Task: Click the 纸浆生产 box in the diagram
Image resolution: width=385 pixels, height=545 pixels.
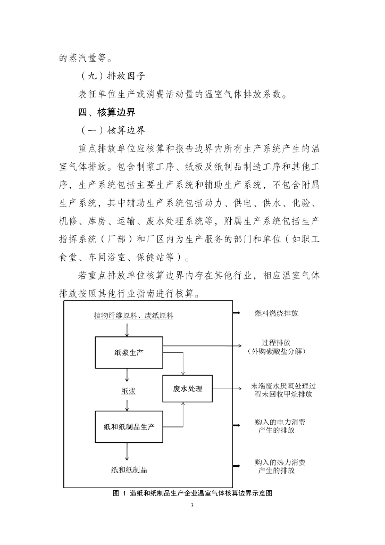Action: point(129,352)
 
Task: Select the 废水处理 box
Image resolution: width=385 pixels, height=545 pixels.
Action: point(187,389)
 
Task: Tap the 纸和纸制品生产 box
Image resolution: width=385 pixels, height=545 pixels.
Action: point(129,426)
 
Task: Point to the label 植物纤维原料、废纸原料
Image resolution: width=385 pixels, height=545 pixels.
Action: point(133,316)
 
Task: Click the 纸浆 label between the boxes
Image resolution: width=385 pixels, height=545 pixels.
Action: point(128,391)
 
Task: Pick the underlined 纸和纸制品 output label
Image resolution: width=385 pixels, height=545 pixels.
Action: point(129,470)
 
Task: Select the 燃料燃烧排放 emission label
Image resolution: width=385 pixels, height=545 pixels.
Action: point(276,313)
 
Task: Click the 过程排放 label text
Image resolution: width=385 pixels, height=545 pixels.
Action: point(276,342)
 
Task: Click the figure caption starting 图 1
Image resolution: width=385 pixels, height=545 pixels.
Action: point(192,493)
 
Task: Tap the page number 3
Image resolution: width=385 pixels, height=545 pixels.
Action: point(192,505)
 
